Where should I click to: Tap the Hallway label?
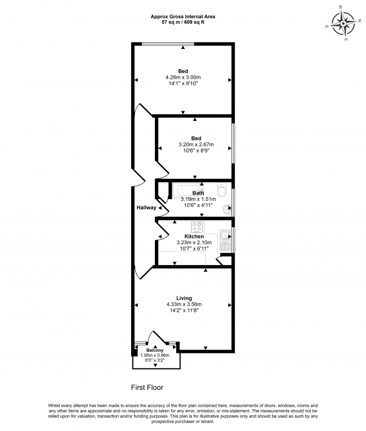146,208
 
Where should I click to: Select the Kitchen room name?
194,236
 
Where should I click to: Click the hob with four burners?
198,227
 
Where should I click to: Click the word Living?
184,298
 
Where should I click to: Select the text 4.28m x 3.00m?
183,77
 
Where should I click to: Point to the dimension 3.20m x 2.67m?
195,145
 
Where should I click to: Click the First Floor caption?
147,387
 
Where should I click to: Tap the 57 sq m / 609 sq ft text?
182,23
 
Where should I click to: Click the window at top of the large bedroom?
168,44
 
